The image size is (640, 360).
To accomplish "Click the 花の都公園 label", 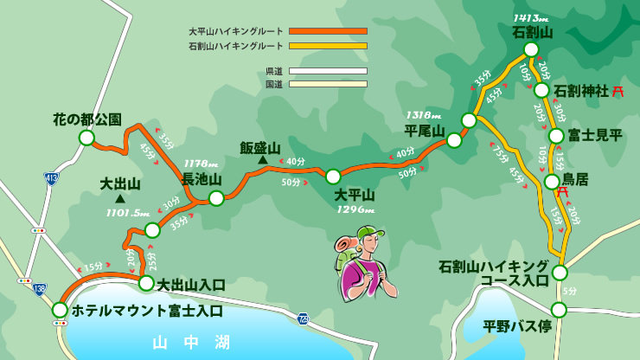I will (x=86, y=119).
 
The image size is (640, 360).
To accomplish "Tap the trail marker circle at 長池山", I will (x=216, y=198).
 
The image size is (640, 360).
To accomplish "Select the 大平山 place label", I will (x=355, y=194).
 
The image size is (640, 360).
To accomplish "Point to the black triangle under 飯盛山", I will (x=261, y=160).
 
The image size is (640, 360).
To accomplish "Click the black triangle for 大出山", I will (x=119, y=198).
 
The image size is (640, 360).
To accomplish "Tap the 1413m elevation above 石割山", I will (x=531, y=17).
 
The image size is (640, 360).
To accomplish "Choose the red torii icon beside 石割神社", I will (x=618, y=90).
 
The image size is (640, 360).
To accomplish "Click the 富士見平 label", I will (x=595, y=136).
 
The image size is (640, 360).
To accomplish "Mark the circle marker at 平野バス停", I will (x=559, y=310).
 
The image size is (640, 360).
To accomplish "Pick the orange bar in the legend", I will (x=328, y=31).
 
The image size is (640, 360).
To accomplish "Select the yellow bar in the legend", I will (x=328, y=46).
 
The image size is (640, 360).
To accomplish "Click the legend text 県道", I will (x=274, y=71).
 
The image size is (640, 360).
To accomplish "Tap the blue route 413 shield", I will (x=52, y=178).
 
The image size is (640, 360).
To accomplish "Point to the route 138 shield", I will (x=39, y=289).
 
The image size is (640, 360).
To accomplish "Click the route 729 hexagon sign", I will (x=302, y=318).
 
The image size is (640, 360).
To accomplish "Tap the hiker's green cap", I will (x=369, y=233).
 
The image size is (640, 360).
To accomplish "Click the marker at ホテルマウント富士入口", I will (x=60, y=310).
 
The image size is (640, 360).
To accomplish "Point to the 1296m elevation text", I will (x=355, y=209).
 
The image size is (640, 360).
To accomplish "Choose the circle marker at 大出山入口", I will (x=146, y=283).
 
